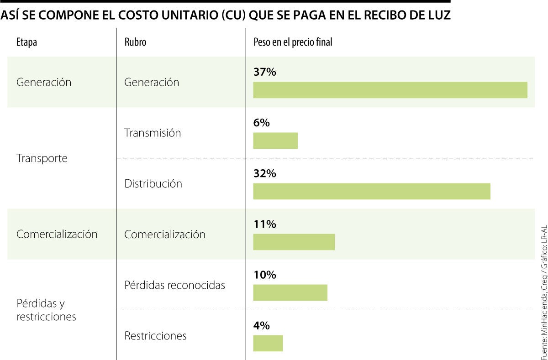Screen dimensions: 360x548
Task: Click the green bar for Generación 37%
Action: [x=390, y=90]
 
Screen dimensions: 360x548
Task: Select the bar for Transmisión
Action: [x=275, y=141]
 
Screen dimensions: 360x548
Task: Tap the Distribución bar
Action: [x=372, y=191]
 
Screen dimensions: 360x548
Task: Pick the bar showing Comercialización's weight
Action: [x=294, y=242]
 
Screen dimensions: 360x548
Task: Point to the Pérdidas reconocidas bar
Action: [x=290, y=292]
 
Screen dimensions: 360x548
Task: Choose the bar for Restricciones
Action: [x=268, y=343]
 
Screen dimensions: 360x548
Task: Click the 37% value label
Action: [x=264, y=72]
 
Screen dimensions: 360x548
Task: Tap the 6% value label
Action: [x=262, y=123]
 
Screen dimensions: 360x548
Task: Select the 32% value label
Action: [x=264, y=173]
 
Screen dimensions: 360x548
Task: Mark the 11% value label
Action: [x=264, y=224]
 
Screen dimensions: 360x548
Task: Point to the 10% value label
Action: [x=264, y=275]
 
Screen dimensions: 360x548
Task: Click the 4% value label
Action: [x=262, y=325]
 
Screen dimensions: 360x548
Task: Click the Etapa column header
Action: [x=26, y=42]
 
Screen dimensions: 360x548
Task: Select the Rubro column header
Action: [x=135, y=42]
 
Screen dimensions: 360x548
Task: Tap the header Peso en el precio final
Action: [x=293, y=42]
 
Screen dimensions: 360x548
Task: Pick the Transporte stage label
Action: [x=42, y=158]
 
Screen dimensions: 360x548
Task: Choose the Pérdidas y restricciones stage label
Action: [x=46, y=310]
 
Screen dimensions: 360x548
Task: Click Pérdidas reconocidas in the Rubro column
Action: [x=174, y=285]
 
